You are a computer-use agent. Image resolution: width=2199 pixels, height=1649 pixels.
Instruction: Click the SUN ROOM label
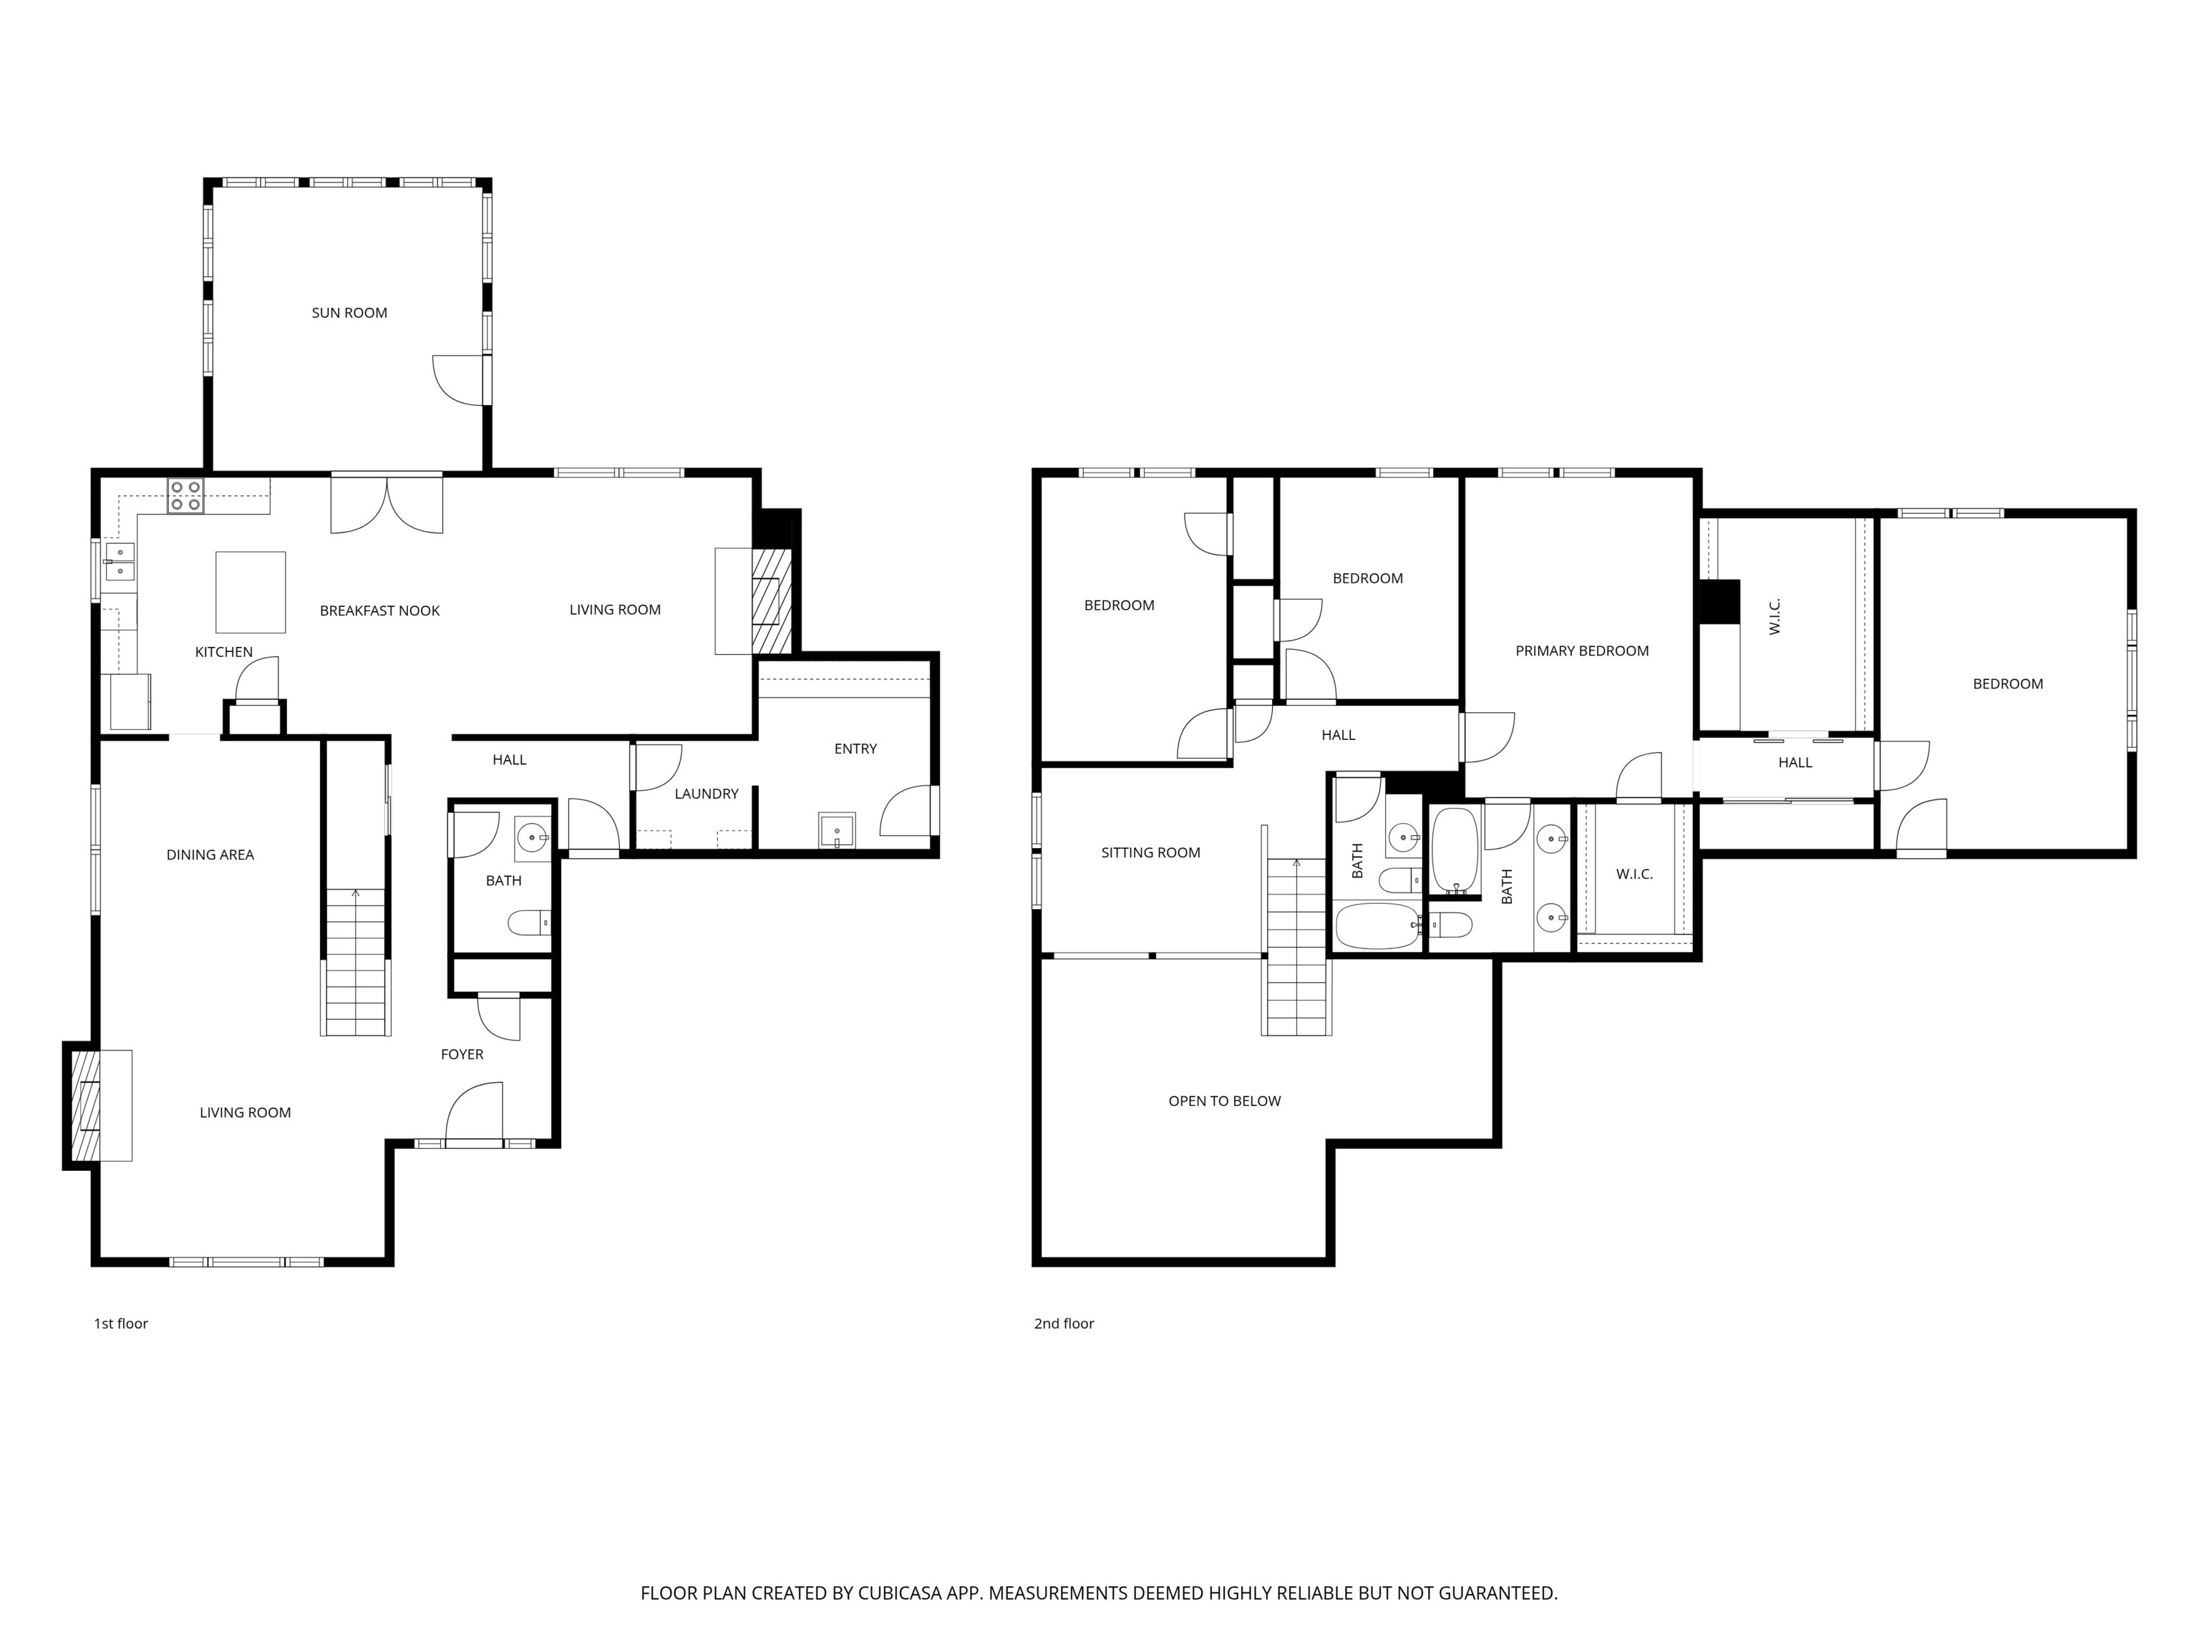[x=349, y=313]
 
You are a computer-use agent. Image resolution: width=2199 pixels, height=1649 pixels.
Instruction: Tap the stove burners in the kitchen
[x=185, y=496]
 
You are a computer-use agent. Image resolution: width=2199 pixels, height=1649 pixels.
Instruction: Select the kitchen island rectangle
[x=251, y=593]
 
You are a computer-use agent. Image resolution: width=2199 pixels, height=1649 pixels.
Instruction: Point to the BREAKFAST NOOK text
[x=380, y=611]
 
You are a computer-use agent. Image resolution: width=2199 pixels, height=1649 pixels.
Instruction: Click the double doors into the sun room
[x=387, y=503]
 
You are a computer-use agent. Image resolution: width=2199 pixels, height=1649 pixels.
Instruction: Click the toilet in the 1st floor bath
[x=530, y=923]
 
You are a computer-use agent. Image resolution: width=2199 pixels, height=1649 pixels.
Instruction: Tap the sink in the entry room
[x=836, y=830]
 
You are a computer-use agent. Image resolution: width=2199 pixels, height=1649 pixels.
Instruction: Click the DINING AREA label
[x=210, y=855]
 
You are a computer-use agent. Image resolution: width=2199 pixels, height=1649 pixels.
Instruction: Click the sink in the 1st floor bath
[x=533, y=838]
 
